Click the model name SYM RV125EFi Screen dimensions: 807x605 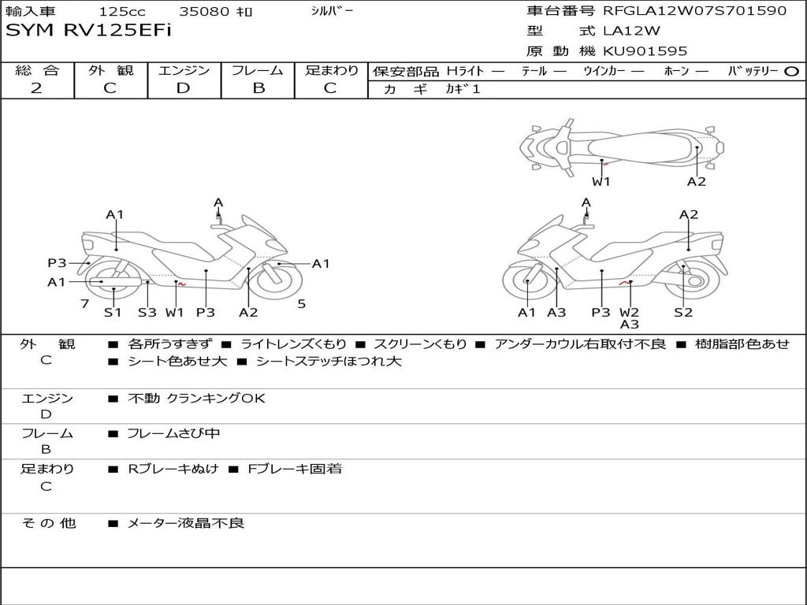[x=88, y=31]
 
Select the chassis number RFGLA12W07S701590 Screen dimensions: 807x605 [x=694, y=11]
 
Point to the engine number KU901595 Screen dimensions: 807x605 [x=645, y=51]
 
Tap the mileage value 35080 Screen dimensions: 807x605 [x=204, y=12]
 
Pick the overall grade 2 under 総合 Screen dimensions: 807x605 [x=36, y=88]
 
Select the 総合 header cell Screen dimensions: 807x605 [x=37, y=70]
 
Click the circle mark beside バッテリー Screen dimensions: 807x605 [x=792, y=72]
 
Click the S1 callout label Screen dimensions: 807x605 [x=113, y=312]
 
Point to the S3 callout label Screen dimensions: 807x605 [x=147, y=312]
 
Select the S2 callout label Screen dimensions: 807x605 [x=682, y=312]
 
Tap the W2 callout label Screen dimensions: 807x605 [x=629, y=312]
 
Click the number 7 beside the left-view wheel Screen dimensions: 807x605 [x=84, y=303]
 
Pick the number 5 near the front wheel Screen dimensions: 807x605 [x=301, y=303]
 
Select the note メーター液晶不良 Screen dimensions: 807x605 [x=186, y=523]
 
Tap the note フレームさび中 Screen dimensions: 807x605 [x=173, y=433]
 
